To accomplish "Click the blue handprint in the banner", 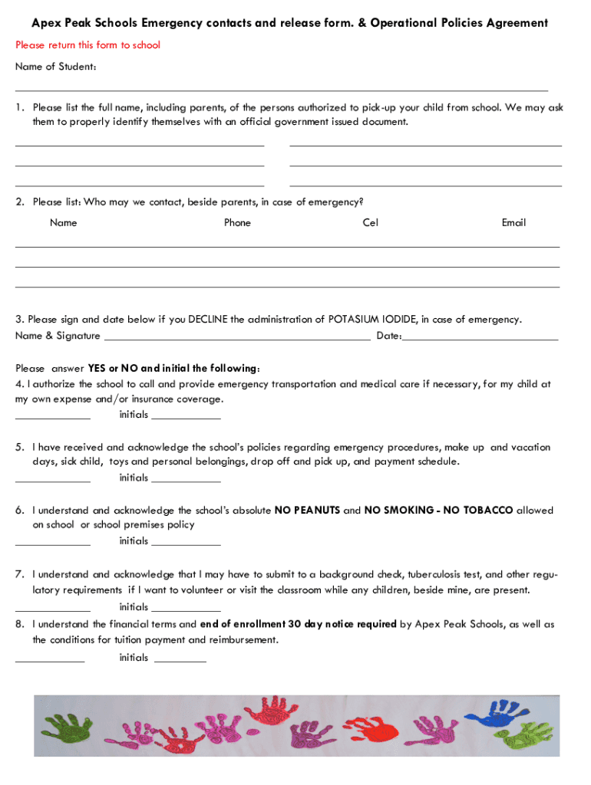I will [x=494, y=714].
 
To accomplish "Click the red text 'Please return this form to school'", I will [x=87, y=45].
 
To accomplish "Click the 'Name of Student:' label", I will [x=55, y=67].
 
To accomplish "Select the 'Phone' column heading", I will [x=237, y=222].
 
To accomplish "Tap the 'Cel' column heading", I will [x=371, y=222].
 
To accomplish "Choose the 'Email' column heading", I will [x=513, y=222].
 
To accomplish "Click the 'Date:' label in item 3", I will [x=388, y=336].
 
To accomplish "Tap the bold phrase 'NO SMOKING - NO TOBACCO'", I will [x=438, y=511].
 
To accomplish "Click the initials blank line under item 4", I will [x=186, y=418].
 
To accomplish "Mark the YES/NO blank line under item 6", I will [x=52, y=544].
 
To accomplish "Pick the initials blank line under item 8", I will [x=180, y=660].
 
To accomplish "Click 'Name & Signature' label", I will [x=58, y=336].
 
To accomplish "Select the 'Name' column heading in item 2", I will [x=63, y=222].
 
